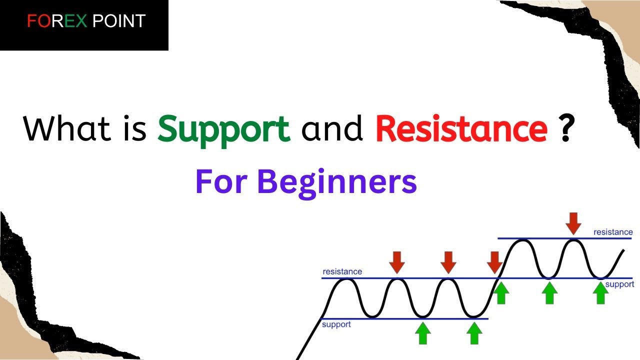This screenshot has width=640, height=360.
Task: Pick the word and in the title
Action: coord(332,129)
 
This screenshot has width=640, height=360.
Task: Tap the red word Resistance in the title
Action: coord(460,129)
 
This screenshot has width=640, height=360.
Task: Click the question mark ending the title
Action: coord(565,129)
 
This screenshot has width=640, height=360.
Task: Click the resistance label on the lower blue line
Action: coord(342,271)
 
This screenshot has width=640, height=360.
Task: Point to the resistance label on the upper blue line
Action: coord(612,232)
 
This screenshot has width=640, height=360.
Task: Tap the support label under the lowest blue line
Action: coord(336,324)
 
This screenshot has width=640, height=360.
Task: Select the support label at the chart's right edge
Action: coord(620,284)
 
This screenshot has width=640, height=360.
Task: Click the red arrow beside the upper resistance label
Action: coord(573,222)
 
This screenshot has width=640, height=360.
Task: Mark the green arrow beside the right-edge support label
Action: coord(601,292)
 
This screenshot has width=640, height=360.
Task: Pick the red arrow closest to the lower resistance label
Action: coord(397,262)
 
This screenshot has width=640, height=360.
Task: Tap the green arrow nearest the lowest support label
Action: coord(423,333)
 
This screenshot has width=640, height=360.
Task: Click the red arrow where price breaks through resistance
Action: coord(495,262)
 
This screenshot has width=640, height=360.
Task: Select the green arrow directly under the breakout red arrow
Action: coord(501,292)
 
